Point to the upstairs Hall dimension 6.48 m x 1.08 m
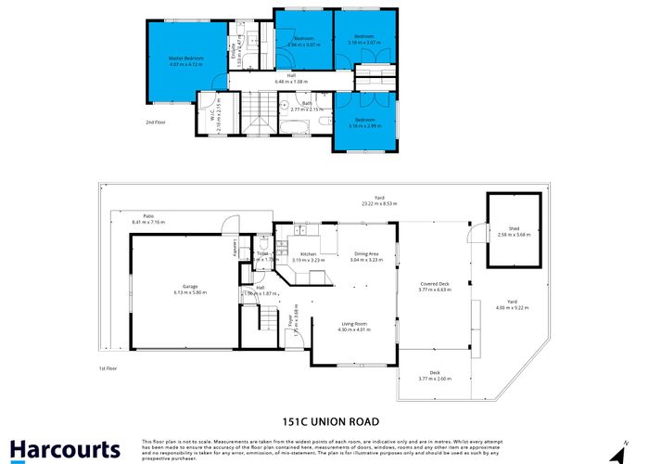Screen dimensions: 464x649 (x=291, y=83)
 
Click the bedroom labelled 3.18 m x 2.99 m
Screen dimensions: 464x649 (x=363, y=125)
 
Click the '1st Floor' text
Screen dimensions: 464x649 (x=108, y=368)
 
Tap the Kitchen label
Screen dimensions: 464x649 (x=308, y=254)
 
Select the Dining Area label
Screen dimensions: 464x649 (x=366, y=254)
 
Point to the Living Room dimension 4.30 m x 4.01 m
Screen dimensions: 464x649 (x=353, y=329)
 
